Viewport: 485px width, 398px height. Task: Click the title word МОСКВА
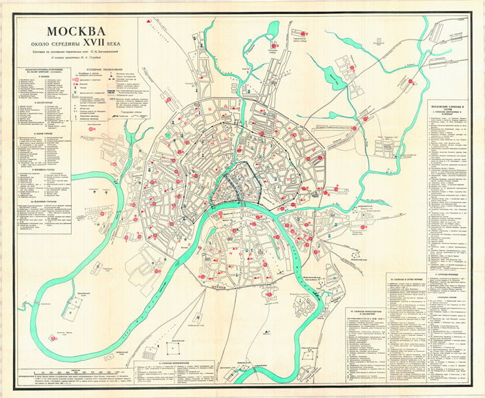(x=77, y=32)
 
